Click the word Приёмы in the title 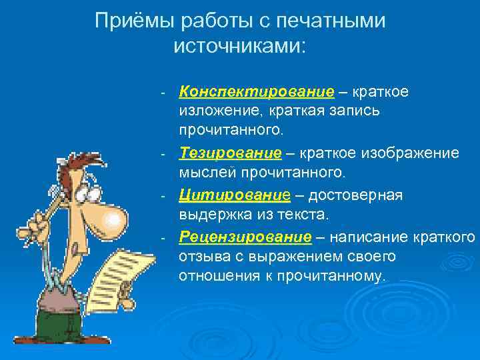click(132, 21)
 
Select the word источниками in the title click(237, 46)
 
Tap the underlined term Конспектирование click(257, 91)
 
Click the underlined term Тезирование click(230, 153)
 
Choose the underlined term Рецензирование click(245, 237)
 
